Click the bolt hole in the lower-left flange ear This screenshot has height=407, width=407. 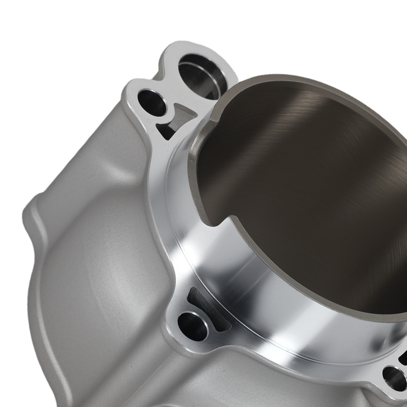[193, 326]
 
